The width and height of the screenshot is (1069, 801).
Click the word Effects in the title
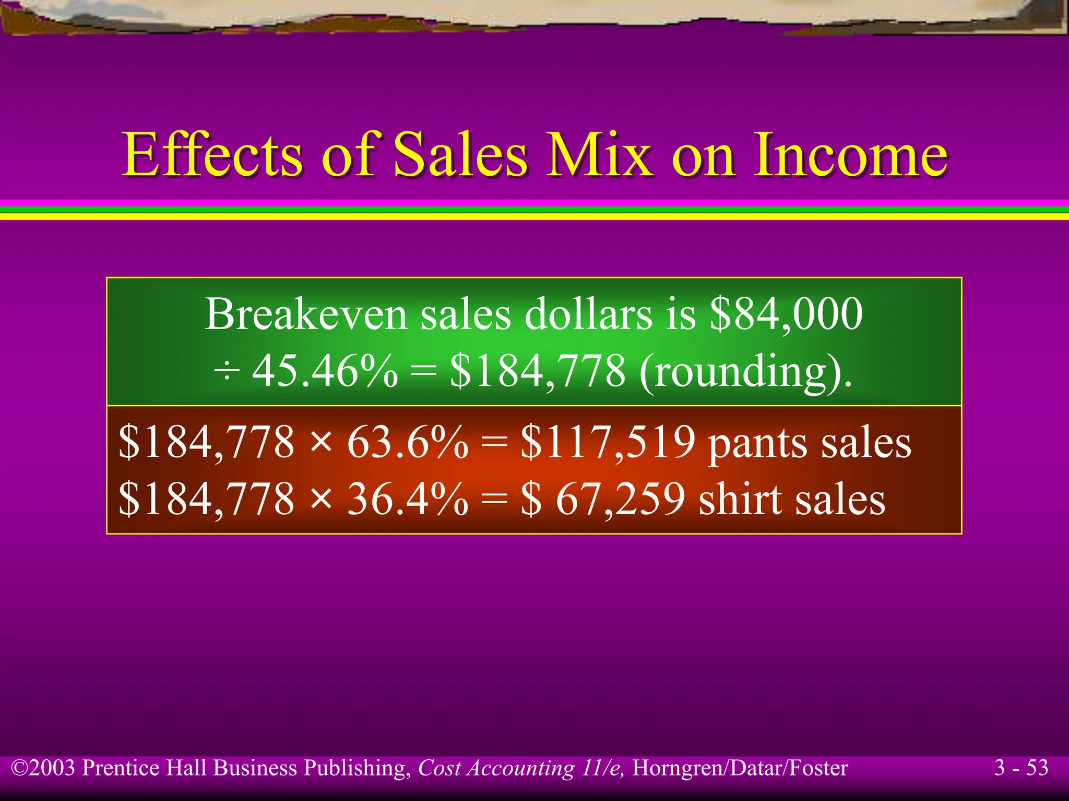(212, 155)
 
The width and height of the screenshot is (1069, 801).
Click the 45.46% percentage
(325, 371)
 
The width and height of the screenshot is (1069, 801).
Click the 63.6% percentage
(407, 442)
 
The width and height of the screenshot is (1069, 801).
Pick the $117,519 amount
(608, 442)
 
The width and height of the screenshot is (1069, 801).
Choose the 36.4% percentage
(407, 499)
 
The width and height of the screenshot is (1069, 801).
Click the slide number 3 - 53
(1022, 768)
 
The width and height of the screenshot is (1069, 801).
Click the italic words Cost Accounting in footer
(496, 768)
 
